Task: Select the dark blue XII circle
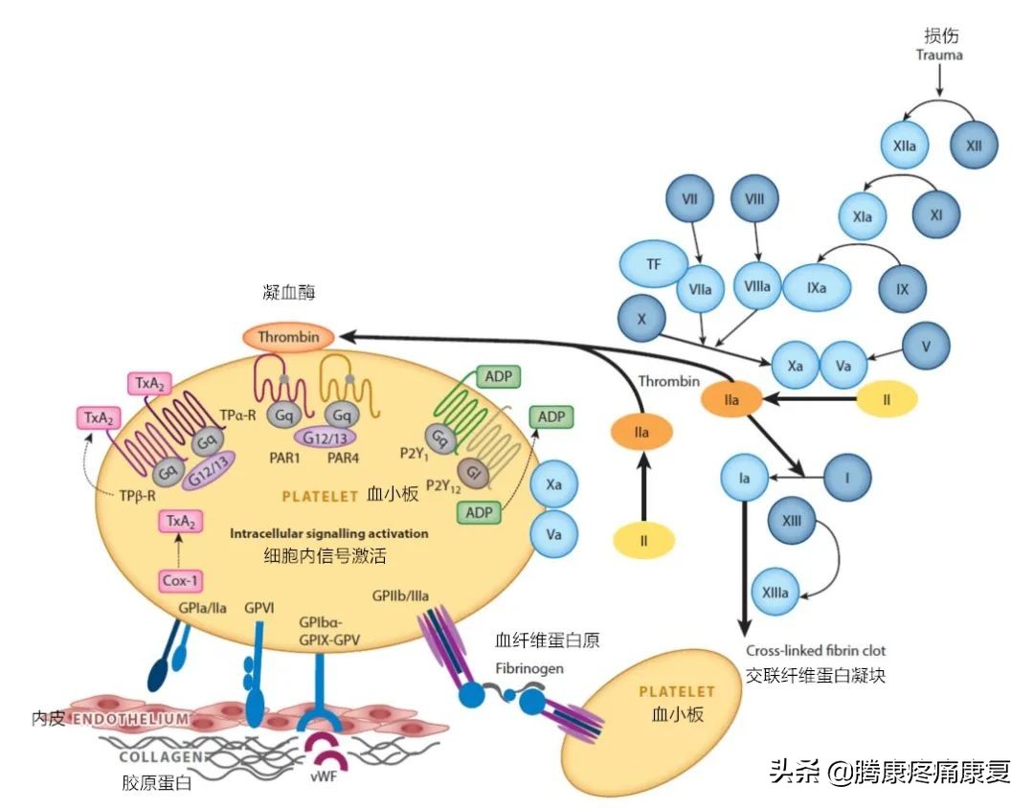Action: coord(974,146)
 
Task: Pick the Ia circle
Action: coord(744,476)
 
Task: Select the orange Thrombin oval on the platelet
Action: coord(287,337)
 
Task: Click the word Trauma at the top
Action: coord(939,55)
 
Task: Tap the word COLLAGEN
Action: coord(159,755)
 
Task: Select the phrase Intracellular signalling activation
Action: coord(328,532)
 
